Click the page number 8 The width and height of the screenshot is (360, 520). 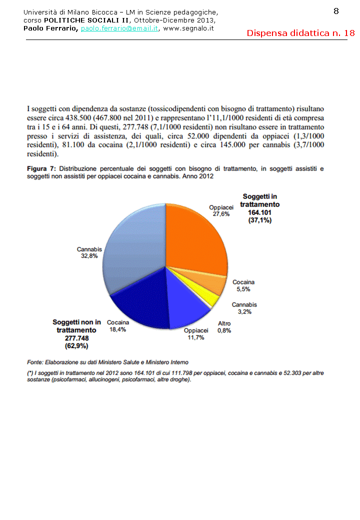(336, 11)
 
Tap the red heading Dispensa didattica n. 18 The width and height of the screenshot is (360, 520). (300, 33)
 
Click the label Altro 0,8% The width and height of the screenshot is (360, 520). (224, 327)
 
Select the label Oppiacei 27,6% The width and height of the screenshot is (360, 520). (221, 210)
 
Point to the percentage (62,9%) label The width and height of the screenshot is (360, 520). (76, 345)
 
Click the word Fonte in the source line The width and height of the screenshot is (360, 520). (34, 362)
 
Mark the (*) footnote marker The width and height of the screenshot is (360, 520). (30, 373)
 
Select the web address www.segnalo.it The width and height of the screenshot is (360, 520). (188, 28)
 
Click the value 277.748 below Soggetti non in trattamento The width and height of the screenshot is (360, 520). (76, 337)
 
